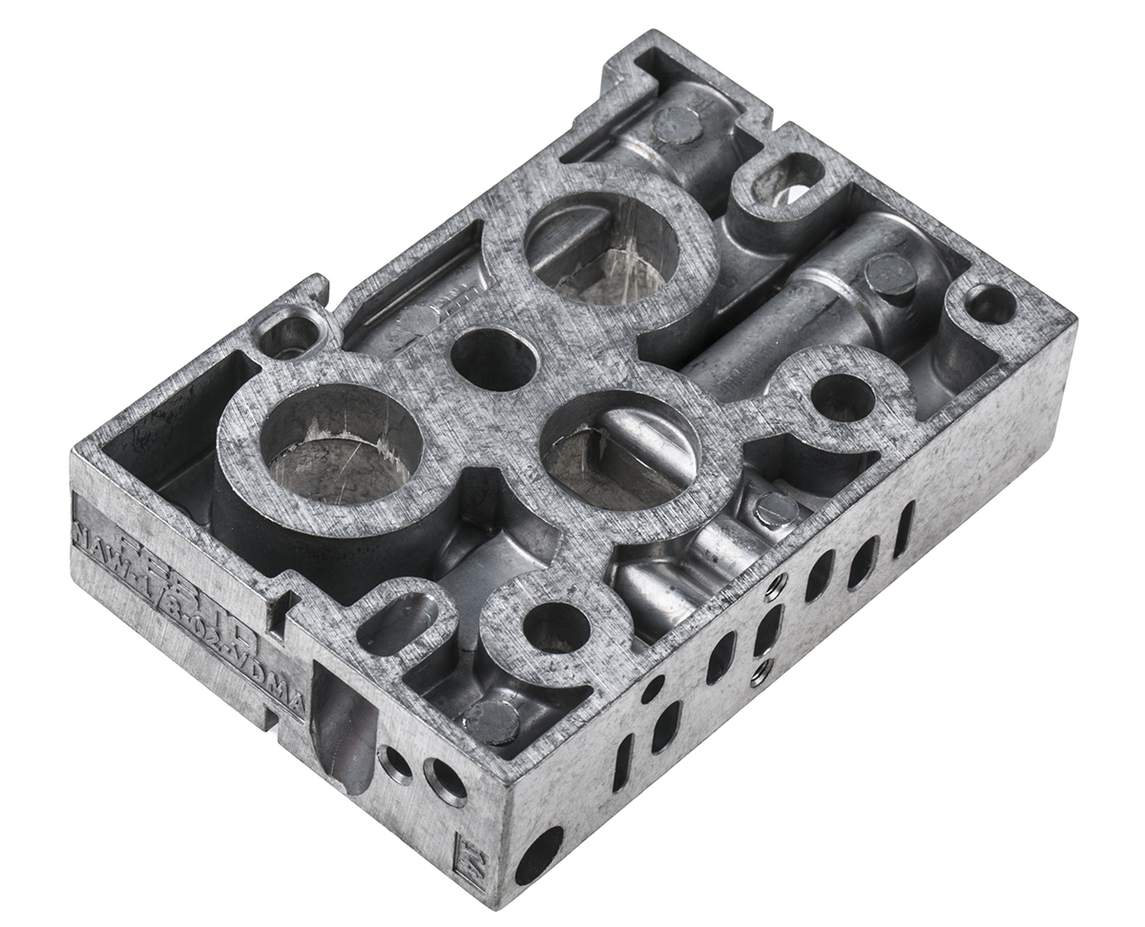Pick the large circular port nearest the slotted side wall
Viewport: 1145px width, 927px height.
pos(617,448)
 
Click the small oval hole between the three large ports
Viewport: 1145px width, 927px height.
pos(492,358)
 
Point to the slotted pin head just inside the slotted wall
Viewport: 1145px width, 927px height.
pos(776,510)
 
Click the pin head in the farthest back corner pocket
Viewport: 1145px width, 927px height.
pos(677,124)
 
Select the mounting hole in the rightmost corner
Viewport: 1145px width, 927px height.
pos(990,304)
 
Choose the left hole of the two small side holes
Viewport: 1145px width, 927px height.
pos(395,762)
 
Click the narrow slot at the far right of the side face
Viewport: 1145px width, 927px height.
pos(903,528)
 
